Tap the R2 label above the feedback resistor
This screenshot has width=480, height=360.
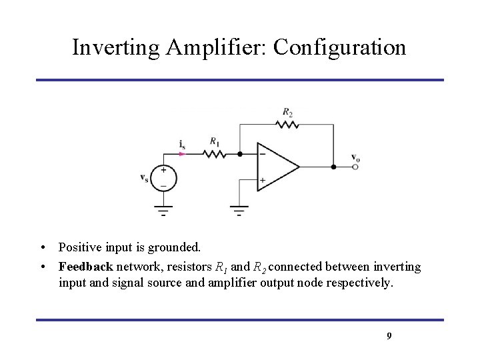[x=287, y=111]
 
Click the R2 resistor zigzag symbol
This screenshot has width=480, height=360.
[x=287, y=124]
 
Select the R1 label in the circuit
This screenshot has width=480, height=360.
[x=214, y=141]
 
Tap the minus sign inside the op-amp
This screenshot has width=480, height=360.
[x=263, y=153]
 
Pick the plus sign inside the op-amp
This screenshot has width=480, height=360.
[x=263, y=180]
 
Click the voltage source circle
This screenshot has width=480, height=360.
[x=163, y=177]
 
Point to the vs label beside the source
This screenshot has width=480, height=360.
[x=145, y=177]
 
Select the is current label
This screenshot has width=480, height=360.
[x=182, y=143]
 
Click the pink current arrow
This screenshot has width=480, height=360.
[x=183, y=153]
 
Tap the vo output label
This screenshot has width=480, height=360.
[x=355, y=157]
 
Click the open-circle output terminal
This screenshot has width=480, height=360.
[x=355, y=167]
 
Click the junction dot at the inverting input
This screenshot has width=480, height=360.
[x=240, y=153]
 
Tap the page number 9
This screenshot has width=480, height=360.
[x=389, y=336]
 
